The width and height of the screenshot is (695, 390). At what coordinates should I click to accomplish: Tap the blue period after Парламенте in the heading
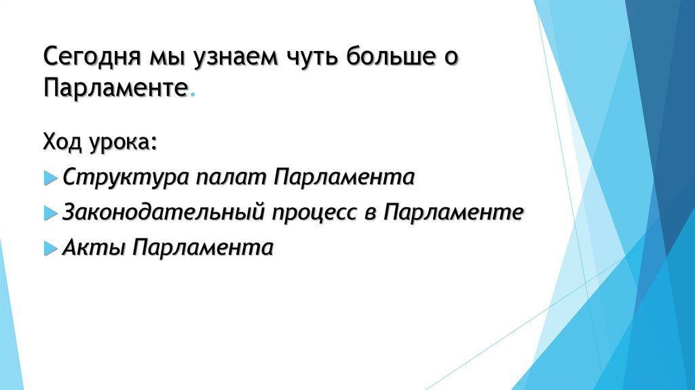[x=191, y=96]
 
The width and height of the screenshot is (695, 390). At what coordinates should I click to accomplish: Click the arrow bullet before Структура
[x=51, y=179]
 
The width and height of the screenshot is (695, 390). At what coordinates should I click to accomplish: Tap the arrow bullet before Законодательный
[x=51, y=213]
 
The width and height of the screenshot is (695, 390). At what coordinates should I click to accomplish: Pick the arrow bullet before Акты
[x=51, y=248]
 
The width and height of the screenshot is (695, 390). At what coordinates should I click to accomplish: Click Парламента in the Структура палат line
[x=345, y=179]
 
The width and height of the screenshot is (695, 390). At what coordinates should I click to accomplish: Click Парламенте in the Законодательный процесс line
[x=453, y=213]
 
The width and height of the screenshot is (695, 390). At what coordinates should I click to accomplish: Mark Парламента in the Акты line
[x=203, y=248]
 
